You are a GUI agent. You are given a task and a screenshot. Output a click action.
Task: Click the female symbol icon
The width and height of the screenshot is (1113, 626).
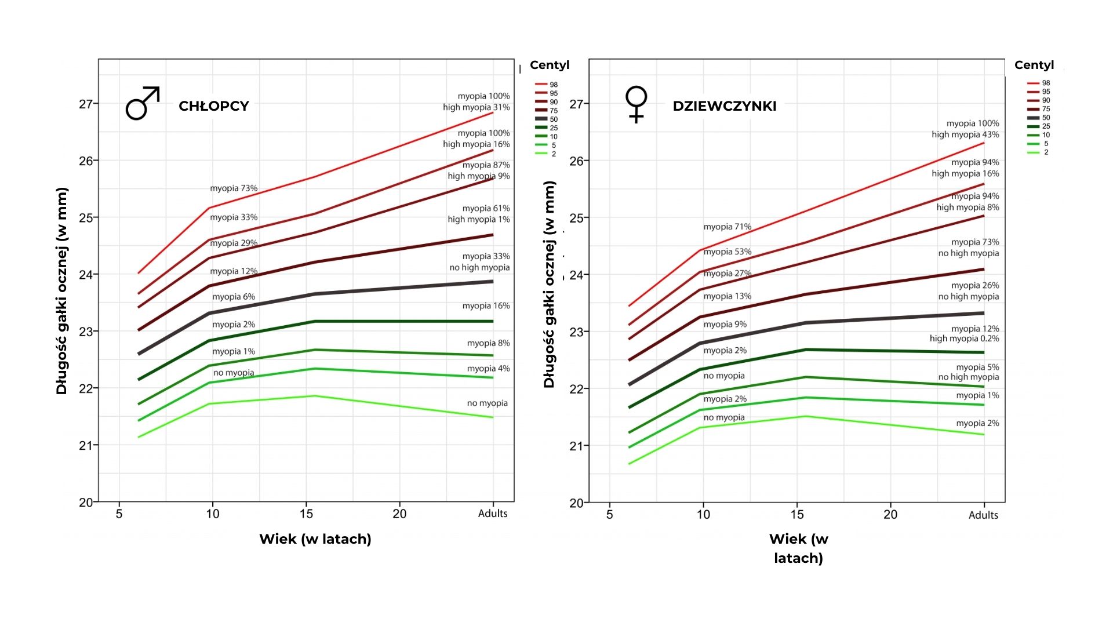636,104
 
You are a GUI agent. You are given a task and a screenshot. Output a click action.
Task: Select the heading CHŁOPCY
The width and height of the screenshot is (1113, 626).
213,106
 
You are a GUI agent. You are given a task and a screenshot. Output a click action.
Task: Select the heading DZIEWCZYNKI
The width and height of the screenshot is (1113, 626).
724,106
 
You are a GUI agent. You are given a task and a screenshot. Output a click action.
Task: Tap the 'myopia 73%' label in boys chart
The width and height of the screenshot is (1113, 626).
234,188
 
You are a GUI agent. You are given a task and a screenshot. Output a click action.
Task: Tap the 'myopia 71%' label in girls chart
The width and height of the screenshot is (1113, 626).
727,227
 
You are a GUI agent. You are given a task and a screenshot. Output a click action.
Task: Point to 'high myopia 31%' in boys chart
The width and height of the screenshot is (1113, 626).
476,107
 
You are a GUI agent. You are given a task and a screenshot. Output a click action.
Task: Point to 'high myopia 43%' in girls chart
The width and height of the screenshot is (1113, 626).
965,134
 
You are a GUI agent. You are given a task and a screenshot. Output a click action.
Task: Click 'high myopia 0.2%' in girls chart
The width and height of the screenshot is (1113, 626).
964,339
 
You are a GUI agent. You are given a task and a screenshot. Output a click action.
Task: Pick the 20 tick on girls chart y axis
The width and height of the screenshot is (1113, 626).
576,503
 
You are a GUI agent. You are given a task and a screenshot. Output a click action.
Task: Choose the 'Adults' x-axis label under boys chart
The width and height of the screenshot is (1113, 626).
492,514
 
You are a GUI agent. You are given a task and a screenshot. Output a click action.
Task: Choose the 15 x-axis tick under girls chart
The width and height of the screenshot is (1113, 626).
797,515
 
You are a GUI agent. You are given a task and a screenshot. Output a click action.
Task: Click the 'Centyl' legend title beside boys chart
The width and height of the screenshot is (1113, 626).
549,65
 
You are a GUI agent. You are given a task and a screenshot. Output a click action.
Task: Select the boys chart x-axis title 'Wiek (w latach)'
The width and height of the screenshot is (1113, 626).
315,539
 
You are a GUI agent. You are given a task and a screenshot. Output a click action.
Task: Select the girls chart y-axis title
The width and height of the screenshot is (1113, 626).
549,284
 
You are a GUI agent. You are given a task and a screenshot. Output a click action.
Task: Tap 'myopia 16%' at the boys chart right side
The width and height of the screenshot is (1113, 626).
486,306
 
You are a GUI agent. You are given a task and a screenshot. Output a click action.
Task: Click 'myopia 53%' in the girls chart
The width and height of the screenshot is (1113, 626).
727,252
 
